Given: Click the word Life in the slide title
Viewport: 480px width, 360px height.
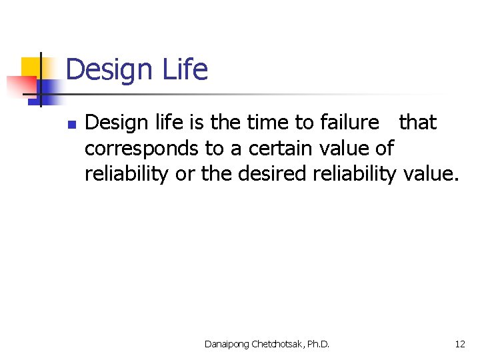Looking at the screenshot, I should (x=185, y=69).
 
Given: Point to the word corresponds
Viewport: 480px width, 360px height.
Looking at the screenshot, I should (x=138, y=148).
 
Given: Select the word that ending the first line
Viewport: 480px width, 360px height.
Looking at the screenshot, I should (x=418, y=123).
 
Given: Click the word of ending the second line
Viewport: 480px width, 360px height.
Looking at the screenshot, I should (x=385, y=148).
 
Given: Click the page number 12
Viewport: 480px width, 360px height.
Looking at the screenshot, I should (x=460, y=344).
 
